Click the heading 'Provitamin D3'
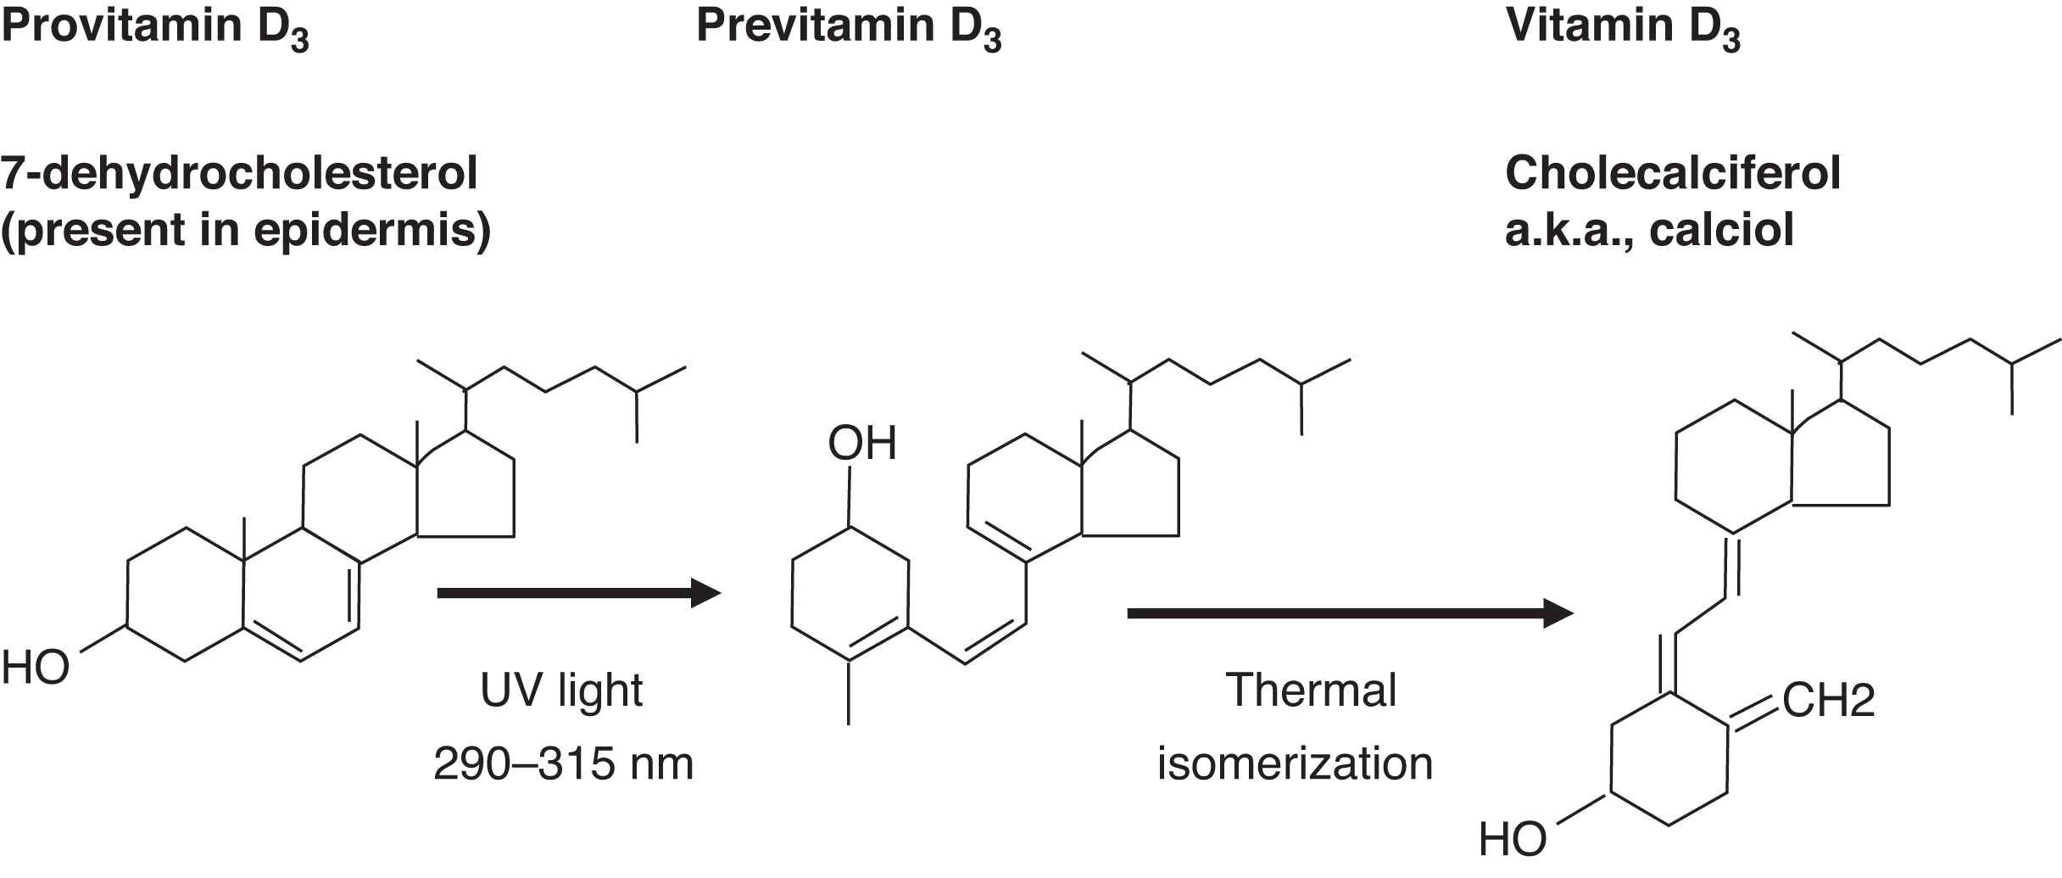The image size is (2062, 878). [154, 26]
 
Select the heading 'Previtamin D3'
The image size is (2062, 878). [849, 26]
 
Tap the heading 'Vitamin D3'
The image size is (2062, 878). [1623, 26]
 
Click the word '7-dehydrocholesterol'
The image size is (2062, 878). [239, 174]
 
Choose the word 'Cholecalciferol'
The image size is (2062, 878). [1673, 174]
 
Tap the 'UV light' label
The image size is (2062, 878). [561, 691]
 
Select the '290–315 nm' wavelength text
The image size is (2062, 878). [563, 763]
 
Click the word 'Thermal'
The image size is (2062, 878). [1311, 689]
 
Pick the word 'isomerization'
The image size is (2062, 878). [1295, 763]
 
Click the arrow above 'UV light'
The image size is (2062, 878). [578, 593]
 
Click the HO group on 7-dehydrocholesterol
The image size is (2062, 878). [36, 668]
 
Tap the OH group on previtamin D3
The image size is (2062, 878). [862, 444]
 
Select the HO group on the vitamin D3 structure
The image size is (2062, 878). [1513, 840]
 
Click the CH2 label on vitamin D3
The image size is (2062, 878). [1828, 701]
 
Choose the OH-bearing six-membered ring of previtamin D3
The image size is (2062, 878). [850, 594]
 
